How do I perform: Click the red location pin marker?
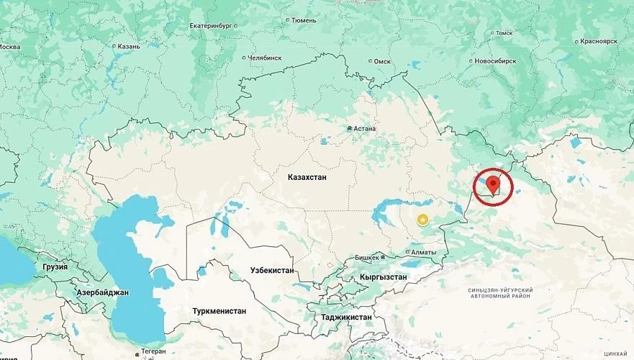(x=492, y=184)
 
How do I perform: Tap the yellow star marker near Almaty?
(x=422, y=219)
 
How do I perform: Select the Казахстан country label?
(x=310, y=176)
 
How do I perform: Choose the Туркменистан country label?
(x=219, y=311)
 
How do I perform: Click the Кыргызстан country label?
(x=383, y=277)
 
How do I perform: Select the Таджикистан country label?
(x=347, y=317)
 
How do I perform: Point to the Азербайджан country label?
(x=102, y=292)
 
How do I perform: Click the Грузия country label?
(x=55, y=266)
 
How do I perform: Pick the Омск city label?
(x=382, y=62)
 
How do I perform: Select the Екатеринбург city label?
(x=212, y=26)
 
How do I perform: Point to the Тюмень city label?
(x=302, y=20)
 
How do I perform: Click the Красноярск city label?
(x=593, y=41)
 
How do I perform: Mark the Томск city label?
(x=504, y=32)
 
